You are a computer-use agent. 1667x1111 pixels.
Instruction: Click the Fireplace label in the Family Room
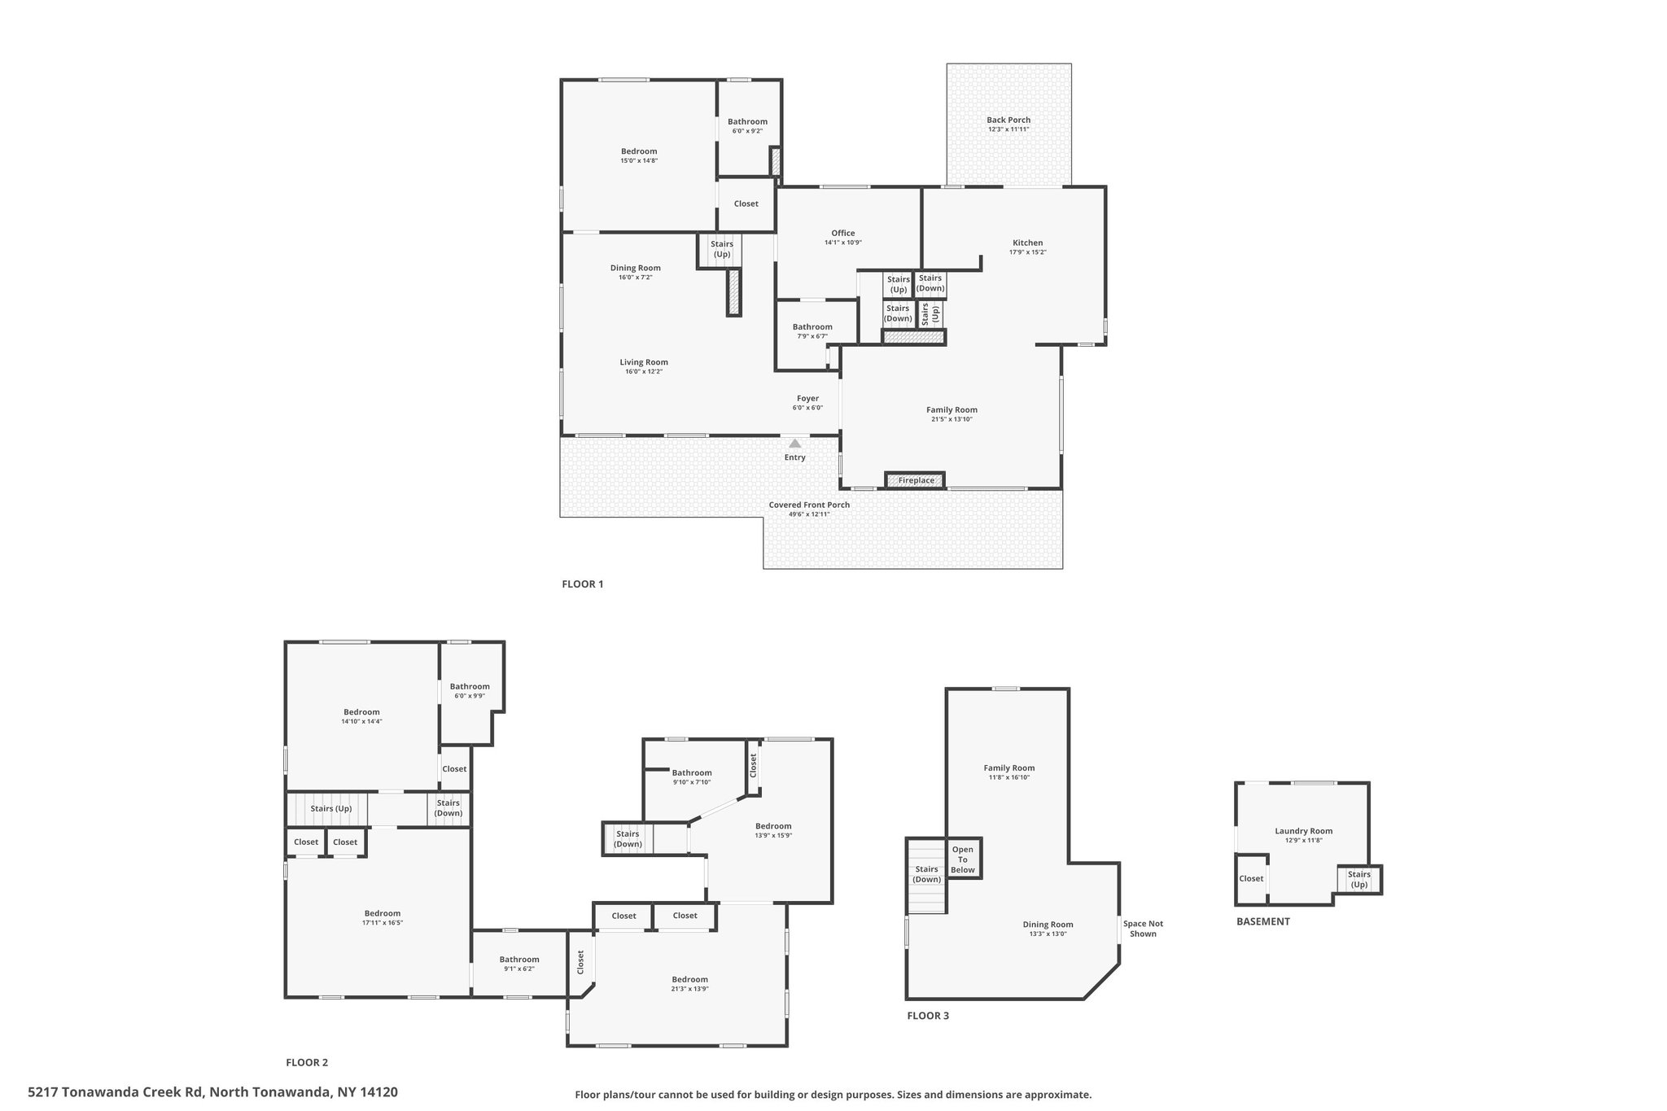point(916,480)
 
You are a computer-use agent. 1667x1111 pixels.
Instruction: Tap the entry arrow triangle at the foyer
point(794,444)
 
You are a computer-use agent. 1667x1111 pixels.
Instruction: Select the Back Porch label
point(1009,120)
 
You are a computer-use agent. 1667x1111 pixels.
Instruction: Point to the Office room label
point(843,233)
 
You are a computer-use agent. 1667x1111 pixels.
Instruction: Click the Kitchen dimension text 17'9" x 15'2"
point(1027,252)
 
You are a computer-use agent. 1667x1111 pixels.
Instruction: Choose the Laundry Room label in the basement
point(1303,831)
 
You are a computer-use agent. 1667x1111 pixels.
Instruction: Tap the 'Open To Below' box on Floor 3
point(963,859)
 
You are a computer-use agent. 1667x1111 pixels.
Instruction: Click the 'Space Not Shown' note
point(1143,929)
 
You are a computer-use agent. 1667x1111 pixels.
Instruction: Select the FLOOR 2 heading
point(307,1062)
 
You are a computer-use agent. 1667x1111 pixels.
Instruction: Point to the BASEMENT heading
point(1263,921)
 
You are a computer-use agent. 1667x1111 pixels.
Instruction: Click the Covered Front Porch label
point(809,505)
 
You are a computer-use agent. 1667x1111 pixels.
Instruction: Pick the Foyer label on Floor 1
point(807,399)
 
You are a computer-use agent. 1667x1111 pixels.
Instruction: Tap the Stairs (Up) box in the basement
point(1359,879)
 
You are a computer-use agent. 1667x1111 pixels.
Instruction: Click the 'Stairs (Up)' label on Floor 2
point(331,808)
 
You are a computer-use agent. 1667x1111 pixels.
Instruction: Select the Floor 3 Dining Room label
point(1048,924)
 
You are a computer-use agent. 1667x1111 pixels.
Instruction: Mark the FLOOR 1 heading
point(583,584)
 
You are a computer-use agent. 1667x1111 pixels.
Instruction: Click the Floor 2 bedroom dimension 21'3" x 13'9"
point(689,989)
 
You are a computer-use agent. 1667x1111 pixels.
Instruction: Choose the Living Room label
point(644,362)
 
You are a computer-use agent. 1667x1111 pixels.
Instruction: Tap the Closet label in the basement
point(1251,878)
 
